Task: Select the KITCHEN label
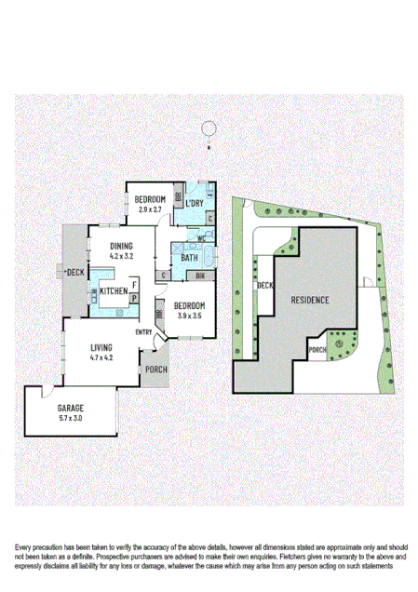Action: click(x=114, y=291)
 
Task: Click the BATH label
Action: click(x=189, y=258)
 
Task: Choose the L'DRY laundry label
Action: click(x=195, y=203)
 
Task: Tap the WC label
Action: click(x=200, y=238)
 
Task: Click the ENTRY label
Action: click(x=144, y=332)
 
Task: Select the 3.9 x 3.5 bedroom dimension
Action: click(x=189, y=316)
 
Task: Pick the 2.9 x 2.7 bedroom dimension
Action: click(x=150, y=210)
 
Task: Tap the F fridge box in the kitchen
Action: click(x=134, y=283)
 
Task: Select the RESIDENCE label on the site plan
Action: click(x=308, y=301)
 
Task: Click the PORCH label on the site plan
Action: click(x=317, y=350)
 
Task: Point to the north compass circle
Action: click(x=210, y=128)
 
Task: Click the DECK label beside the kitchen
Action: click(x=74, y=272)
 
